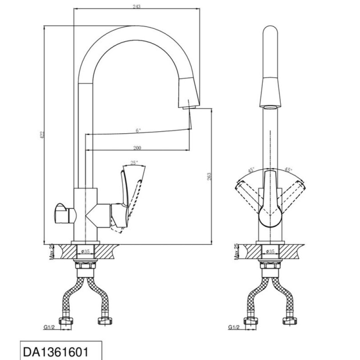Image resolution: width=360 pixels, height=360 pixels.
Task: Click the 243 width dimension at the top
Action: coord(136,6)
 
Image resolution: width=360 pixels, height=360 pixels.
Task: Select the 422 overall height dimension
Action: coord(42,135)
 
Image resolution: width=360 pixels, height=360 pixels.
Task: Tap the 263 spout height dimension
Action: coord(209,176)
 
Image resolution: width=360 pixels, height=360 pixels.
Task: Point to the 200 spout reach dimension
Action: coord(137,148)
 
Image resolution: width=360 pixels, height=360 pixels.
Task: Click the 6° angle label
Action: coord(138,130)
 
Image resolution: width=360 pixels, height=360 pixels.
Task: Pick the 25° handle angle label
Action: coord(134,163)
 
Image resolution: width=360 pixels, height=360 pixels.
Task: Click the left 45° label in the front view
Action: coord(251,171)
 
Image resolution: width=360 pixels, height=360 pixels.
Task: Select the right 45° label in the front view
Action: coord(288,170)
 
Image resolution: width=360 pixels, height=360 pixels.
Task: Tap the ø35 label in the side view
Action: coord(85,252)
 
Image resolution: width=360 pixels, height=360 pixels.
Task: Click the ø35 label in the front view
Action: coord(270,252)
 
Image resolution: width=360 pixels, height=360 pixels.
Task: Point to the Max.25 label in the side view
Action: coord(52,252)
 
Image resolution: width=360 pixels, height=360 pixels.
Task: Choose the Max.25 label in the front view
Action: coord(237,252)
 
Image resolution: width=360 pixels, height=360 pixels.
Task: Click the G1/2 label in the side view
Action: coord(49,327)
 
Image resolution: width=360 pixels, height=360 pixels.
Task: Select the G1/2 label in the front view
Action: coord(234,327)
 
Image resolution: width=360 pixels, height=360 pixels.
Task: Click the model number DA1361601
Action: coord(56,352)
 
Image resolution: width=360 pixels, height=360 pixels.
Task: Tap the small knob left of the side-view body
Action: coord(65,213)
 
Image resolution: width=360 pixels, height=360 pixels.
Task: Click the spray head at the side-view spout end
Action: coord(189,93)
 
